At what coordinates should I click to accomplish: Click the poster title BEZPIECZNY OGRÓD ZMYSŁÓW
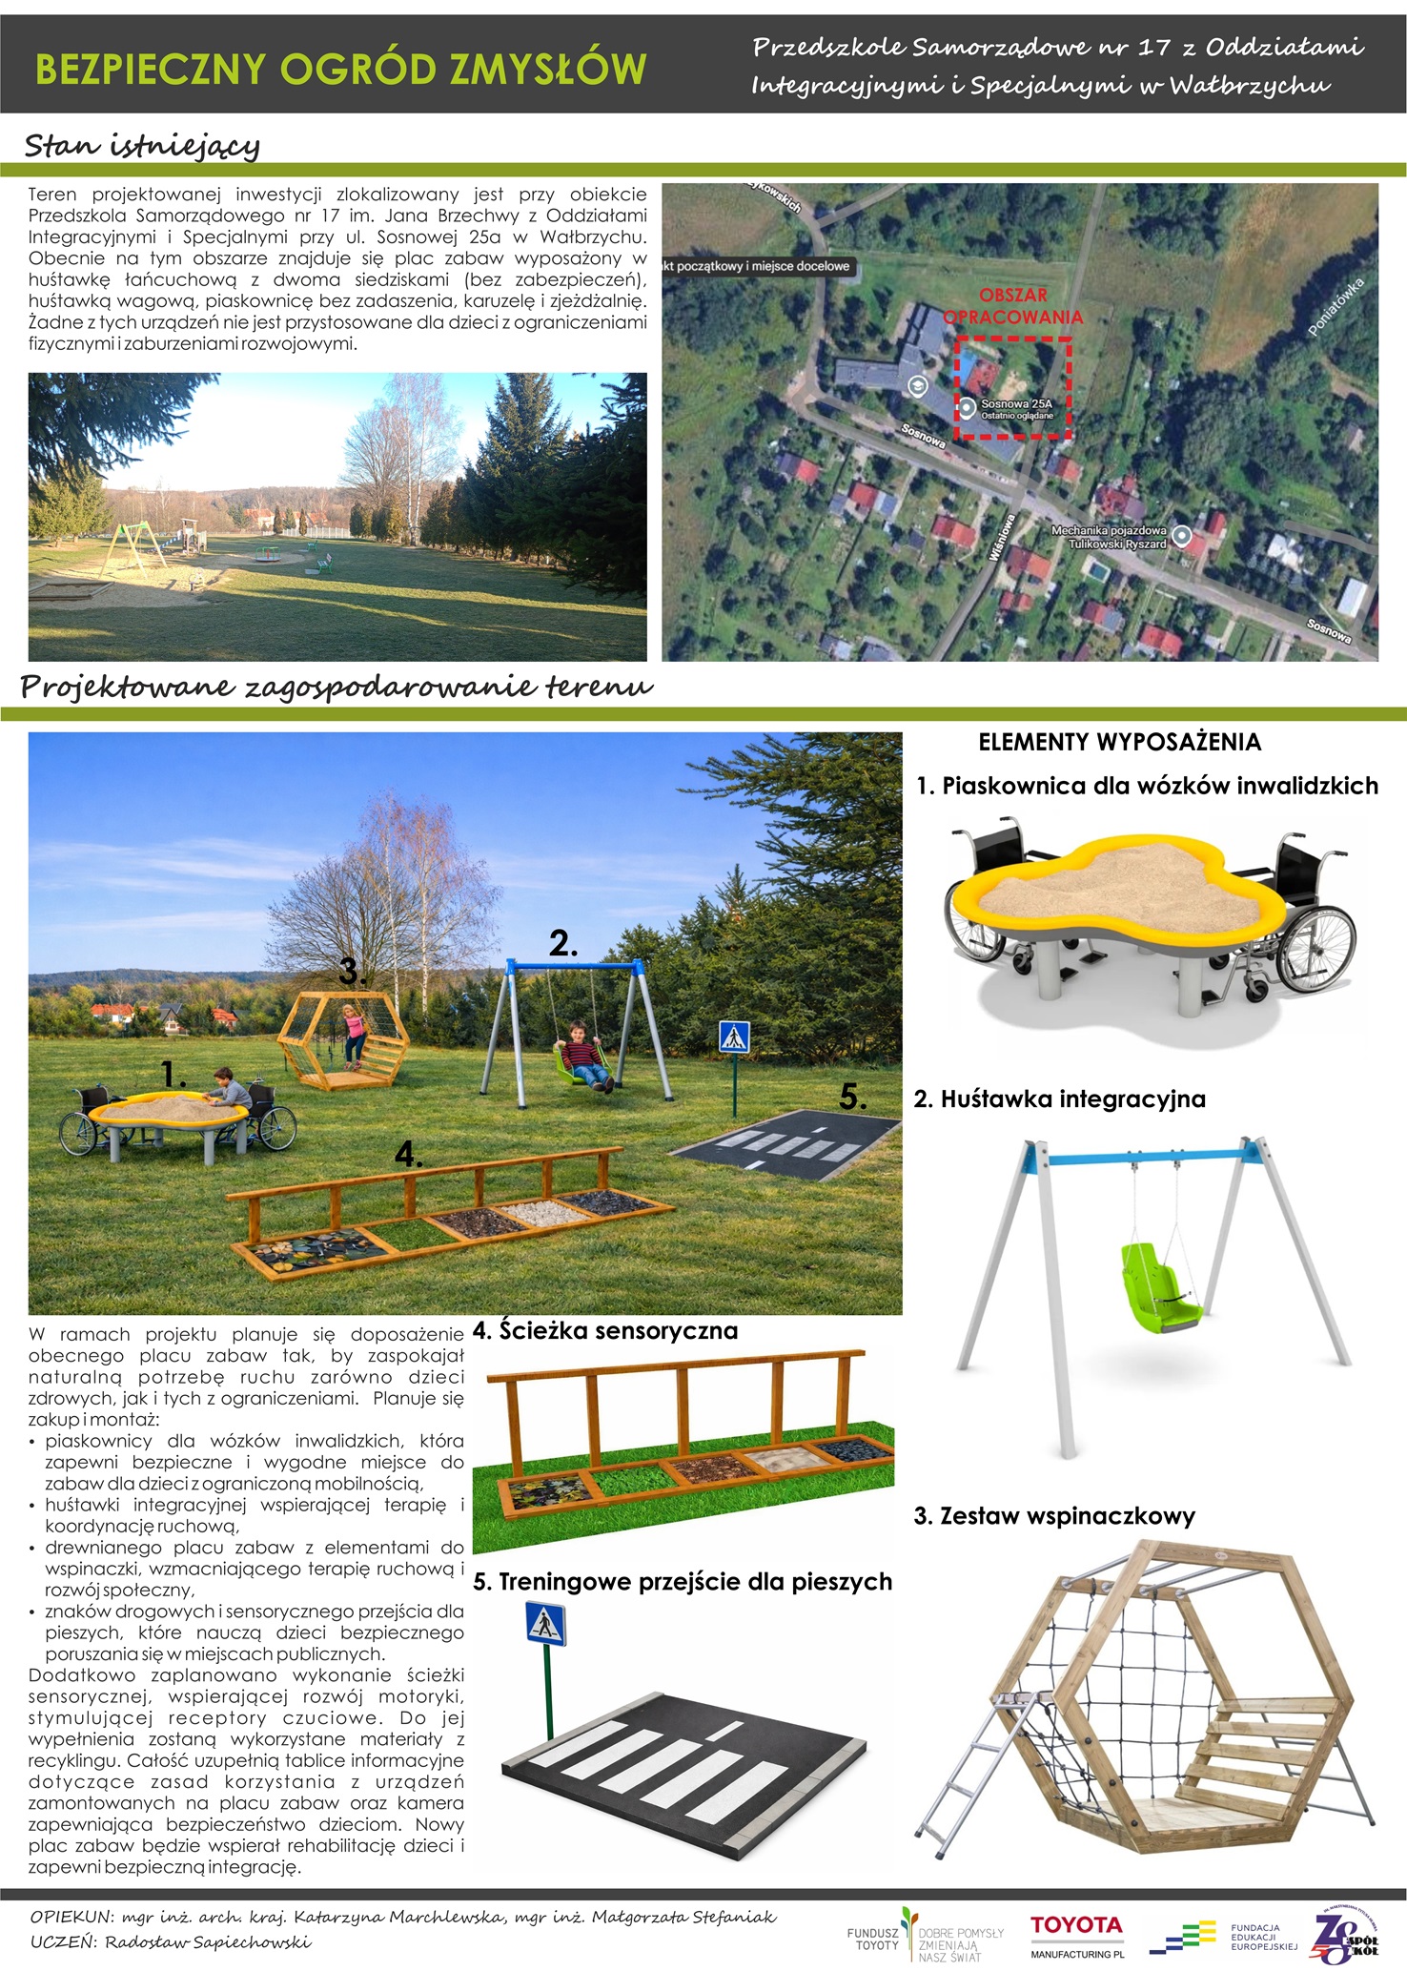click(340, 70)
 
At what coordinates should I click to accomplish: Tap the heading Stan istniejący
click(141, 146)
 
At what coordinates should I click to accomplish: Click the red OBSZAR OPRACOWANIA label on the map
click(1013, 306)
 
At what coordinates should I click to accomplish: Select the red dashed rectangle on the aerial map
click(1014, 387)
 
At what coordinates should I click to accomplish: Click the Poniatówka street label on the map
click(1336, 306)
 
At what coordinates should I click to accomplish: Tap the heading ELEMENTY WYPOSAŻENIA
click(1119, 742)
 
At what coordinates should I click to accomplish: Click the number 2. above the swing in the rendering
click(562, 943)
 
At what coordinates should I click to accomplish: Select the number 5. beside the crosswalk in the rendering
click(853, 1098)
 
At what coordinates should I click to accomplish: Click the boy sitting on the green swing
click(581, 1053)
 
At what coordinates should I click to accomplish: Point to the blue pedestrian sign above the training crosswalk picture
click(545, 1623)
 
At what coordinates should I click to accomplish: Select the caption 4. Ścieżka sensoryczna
click(605, 1330)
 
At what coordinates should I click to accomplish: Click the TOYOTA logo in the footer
click(1076, 1926)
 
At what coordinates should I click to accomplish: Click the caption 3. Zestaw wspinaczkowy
click(1053, 1516)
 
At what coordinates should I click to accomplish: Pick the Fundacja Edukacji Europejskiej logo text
click(1264, 1938)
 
